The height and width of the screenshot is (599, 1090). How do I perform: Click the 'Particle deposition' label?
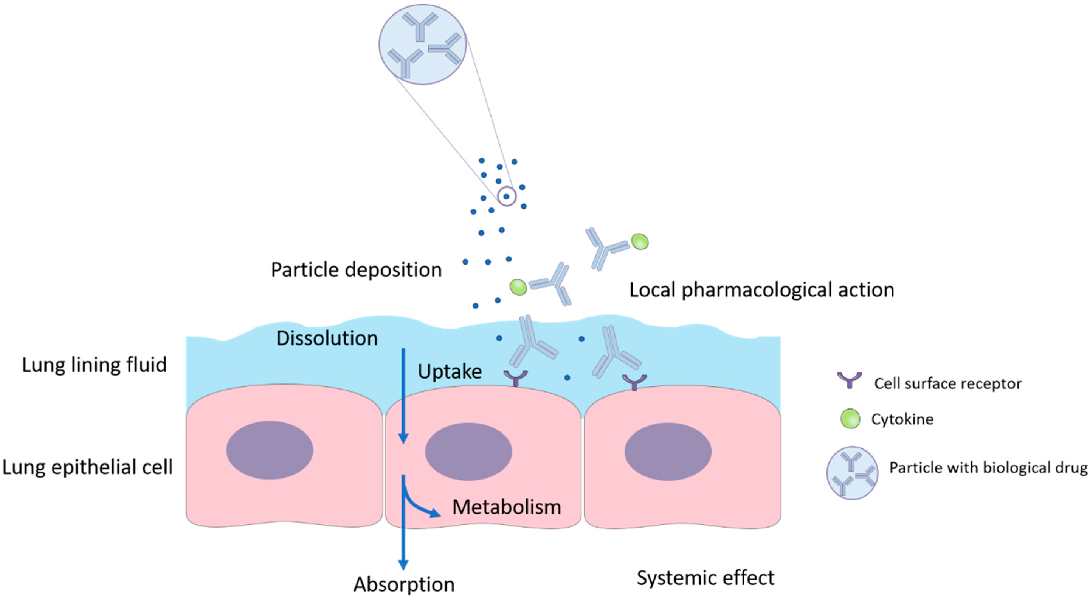pyautogui.click(x=356, y=270)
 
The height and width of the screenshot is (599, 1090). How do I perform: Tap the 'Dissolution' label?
pyautogui.click(x=327, y=338)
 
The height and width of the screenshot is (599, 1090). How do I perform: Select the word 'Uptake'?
pyautogui.click(x=450, y=371)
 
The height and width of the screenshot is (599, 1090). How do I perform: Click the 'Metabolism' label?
pyautogui.click(x=506, y=507)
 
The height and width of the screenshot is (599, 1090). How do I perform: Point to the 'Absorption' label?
pyautogui.click(x=404, y=584)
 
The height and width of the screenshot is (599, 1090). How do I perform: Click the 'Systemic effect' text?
pyautogui.click(x=705, y=578)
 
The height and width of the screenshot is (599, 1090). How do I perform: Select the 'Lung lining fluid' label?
pyautogui.click(x=94, y=365)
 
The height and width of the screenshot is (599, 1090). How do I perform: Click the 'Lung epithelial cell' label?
pyautogui.click(x=88, y=467)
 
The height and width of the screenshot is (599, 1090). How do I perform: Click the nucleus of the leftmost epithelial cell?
pyautogui.click(x=270, y=450)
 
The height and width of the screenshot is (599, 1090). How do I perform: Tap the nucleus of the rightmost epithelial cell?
pyautogui.click(x=668, y=451)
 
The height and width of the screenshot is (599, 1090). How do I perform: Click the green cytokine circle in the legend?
pyautogui.click(x=850, y=419)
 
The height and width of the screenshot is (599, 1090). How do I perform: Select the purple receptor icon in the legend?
pyautogui.click(x=849, y=380)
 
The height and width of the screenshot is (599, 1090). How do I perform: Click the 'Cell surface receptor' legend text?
pyautogui.click(x=948, y=383)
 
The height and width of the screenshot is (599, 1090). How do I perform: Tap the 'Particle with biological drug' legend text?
pyautogui.click(x=988, y=468)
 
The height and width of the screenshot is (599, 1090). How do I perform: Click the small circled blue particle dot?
pyautogui.click(x=506, y=196)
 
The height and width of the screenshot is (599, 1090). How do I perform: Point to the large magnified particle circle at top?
pyautogui.click(x=422, y=44)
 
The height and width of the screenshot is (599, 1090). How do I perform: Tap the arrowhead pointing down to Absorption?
pyautogui.click(x=403, y=565)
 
